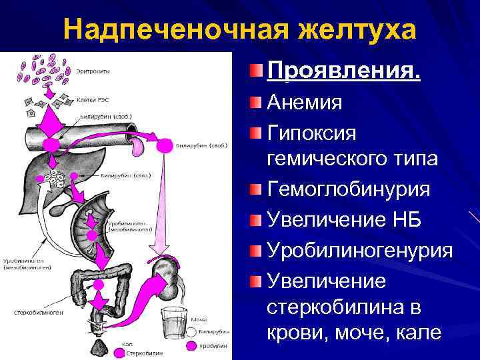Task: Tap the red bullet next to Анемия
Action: click(257, 102)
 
